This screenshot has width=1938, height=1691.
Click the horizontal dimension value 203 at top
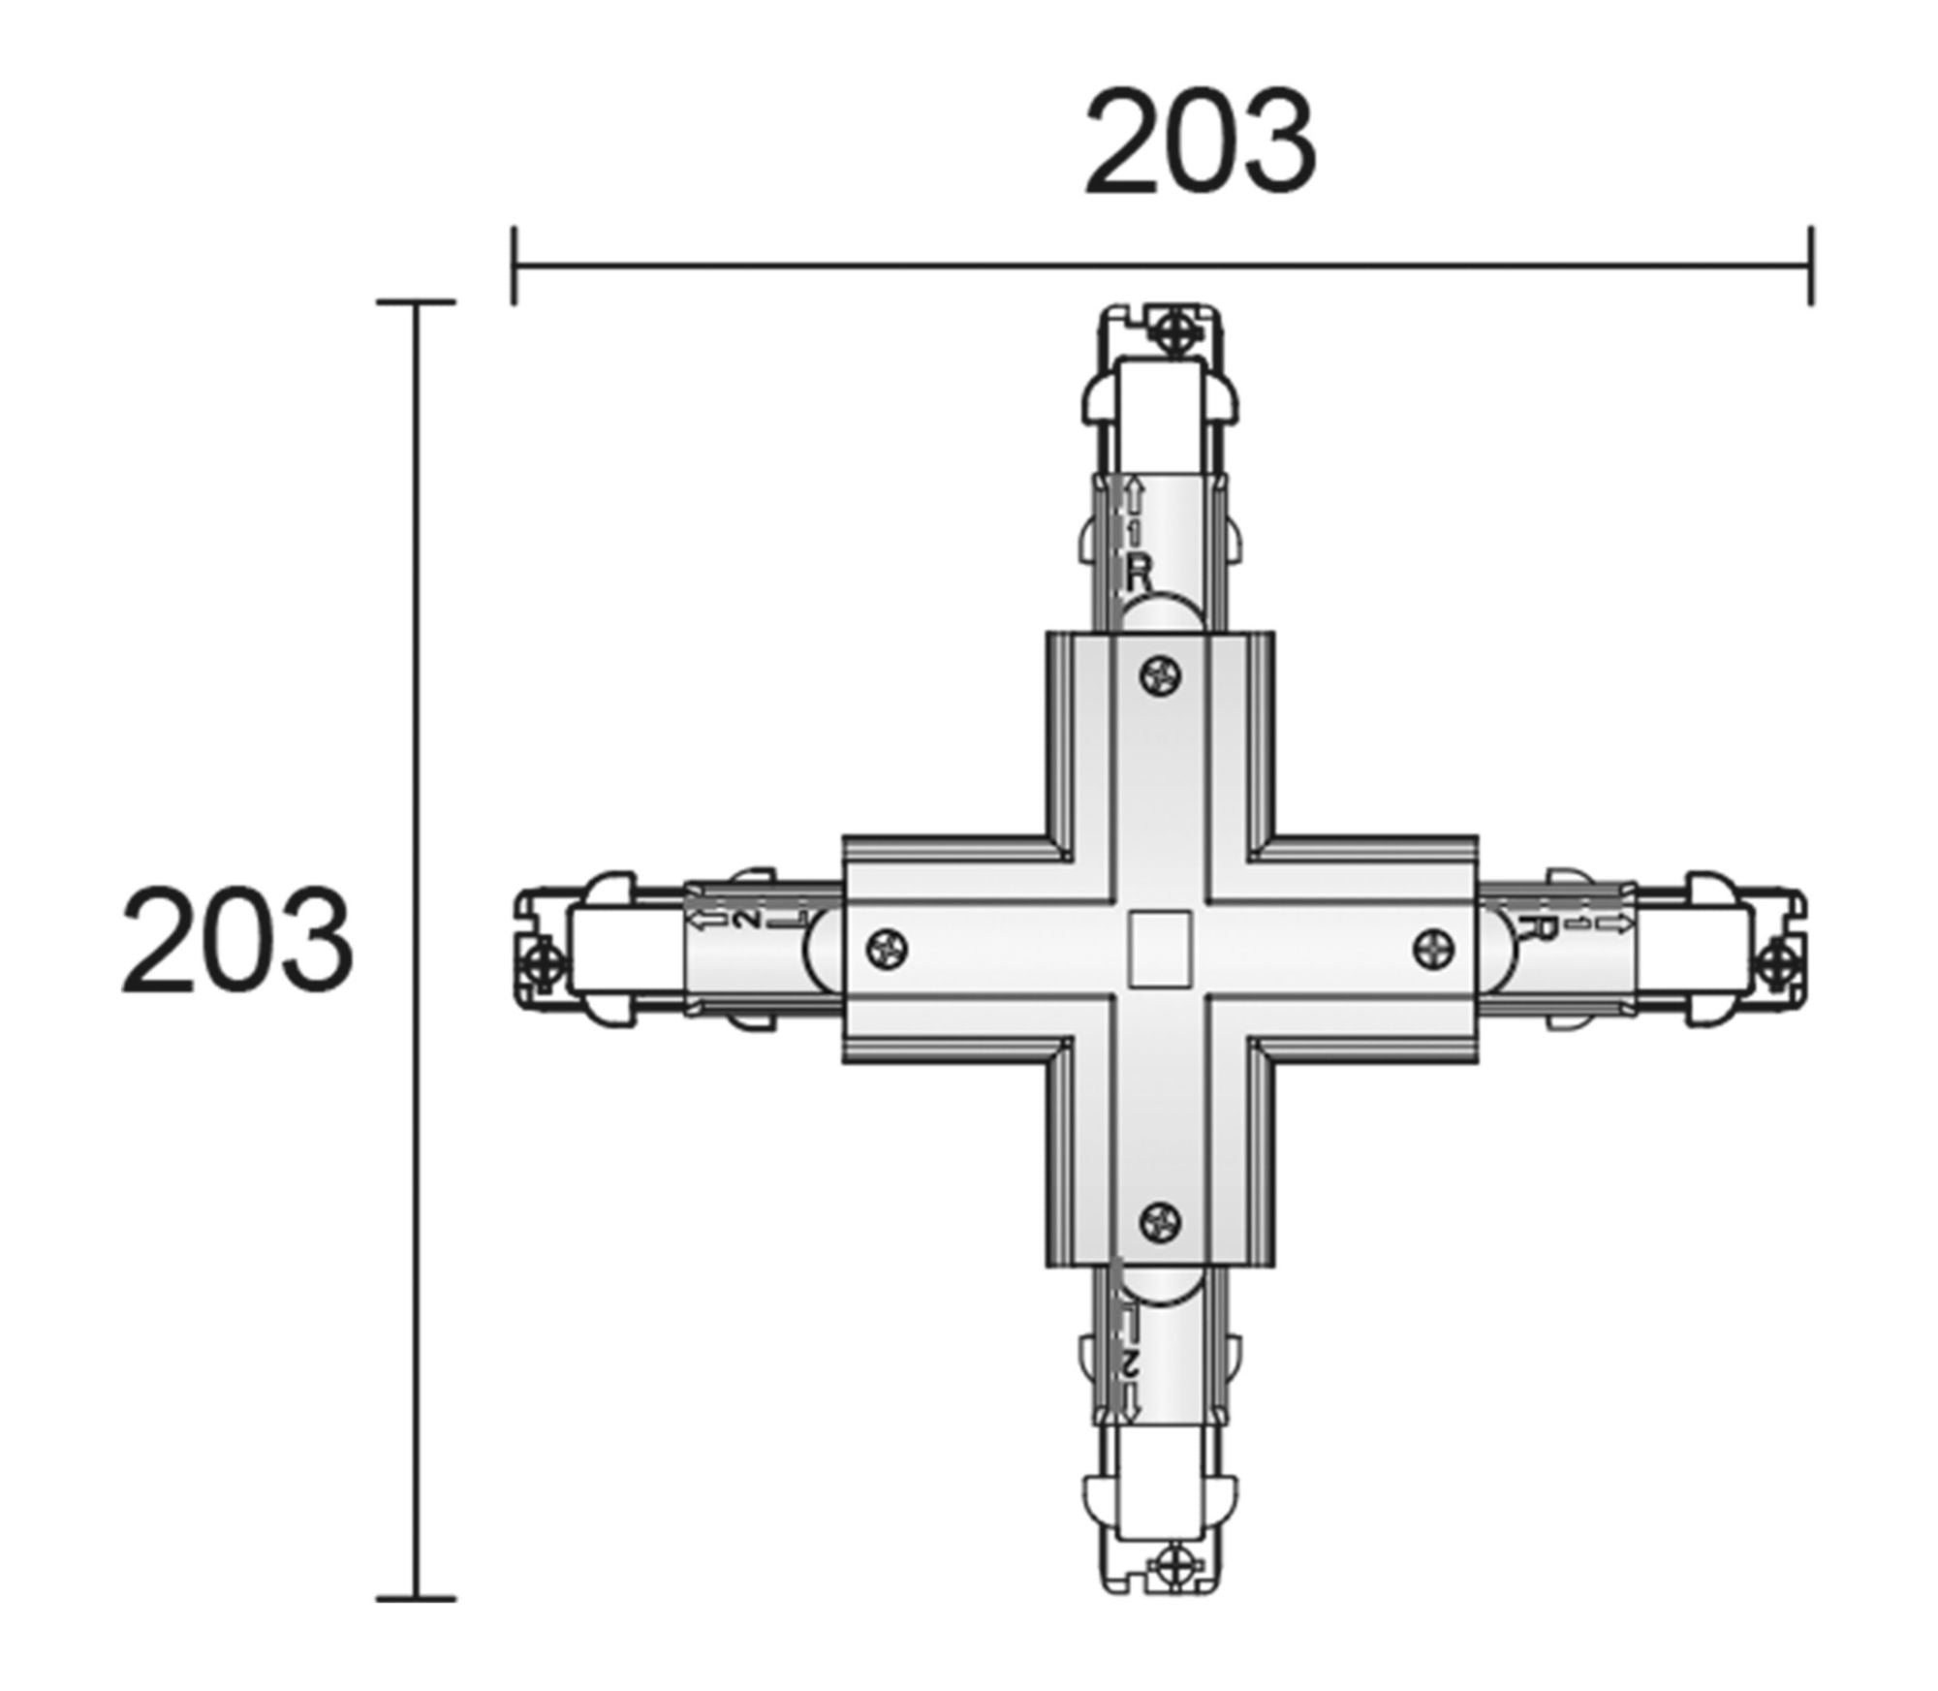[1200, 141]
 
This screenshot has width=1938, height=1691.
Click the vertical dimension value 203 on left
[237, 941]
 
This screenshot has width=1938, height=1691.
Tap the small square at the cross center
[1160, 949]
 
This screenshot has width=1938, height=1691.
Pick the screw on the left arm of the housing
[888, 948]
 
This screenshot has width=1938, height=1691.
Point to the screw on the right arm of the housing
[1435, 947]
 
